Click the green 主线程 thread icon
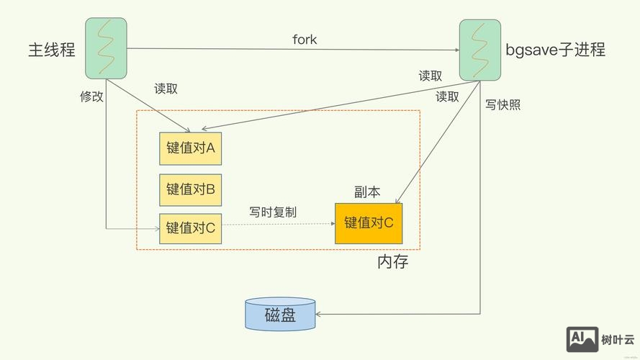(106, 48)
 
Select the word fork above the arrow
(305, 39)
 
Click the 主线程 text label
(52, 50)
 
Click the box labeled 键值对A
(191, 148)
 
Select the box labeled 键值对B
(191, 189)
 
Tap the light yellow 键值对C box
(191, 228)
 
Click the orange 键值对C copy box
(369, 223)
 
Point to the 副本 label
(367, 192)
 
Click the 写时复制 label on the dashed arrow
(273, 212)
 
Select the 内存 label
(392, 262)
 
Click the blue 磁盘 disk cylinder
(280, 314)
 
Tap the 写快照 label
(502, 105)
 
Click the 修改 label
(91, 96)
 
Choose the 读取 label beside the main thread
(166, 89)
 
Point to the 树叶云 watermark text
(618, 339)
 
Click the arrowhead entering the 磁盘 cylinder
(321, 314)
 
